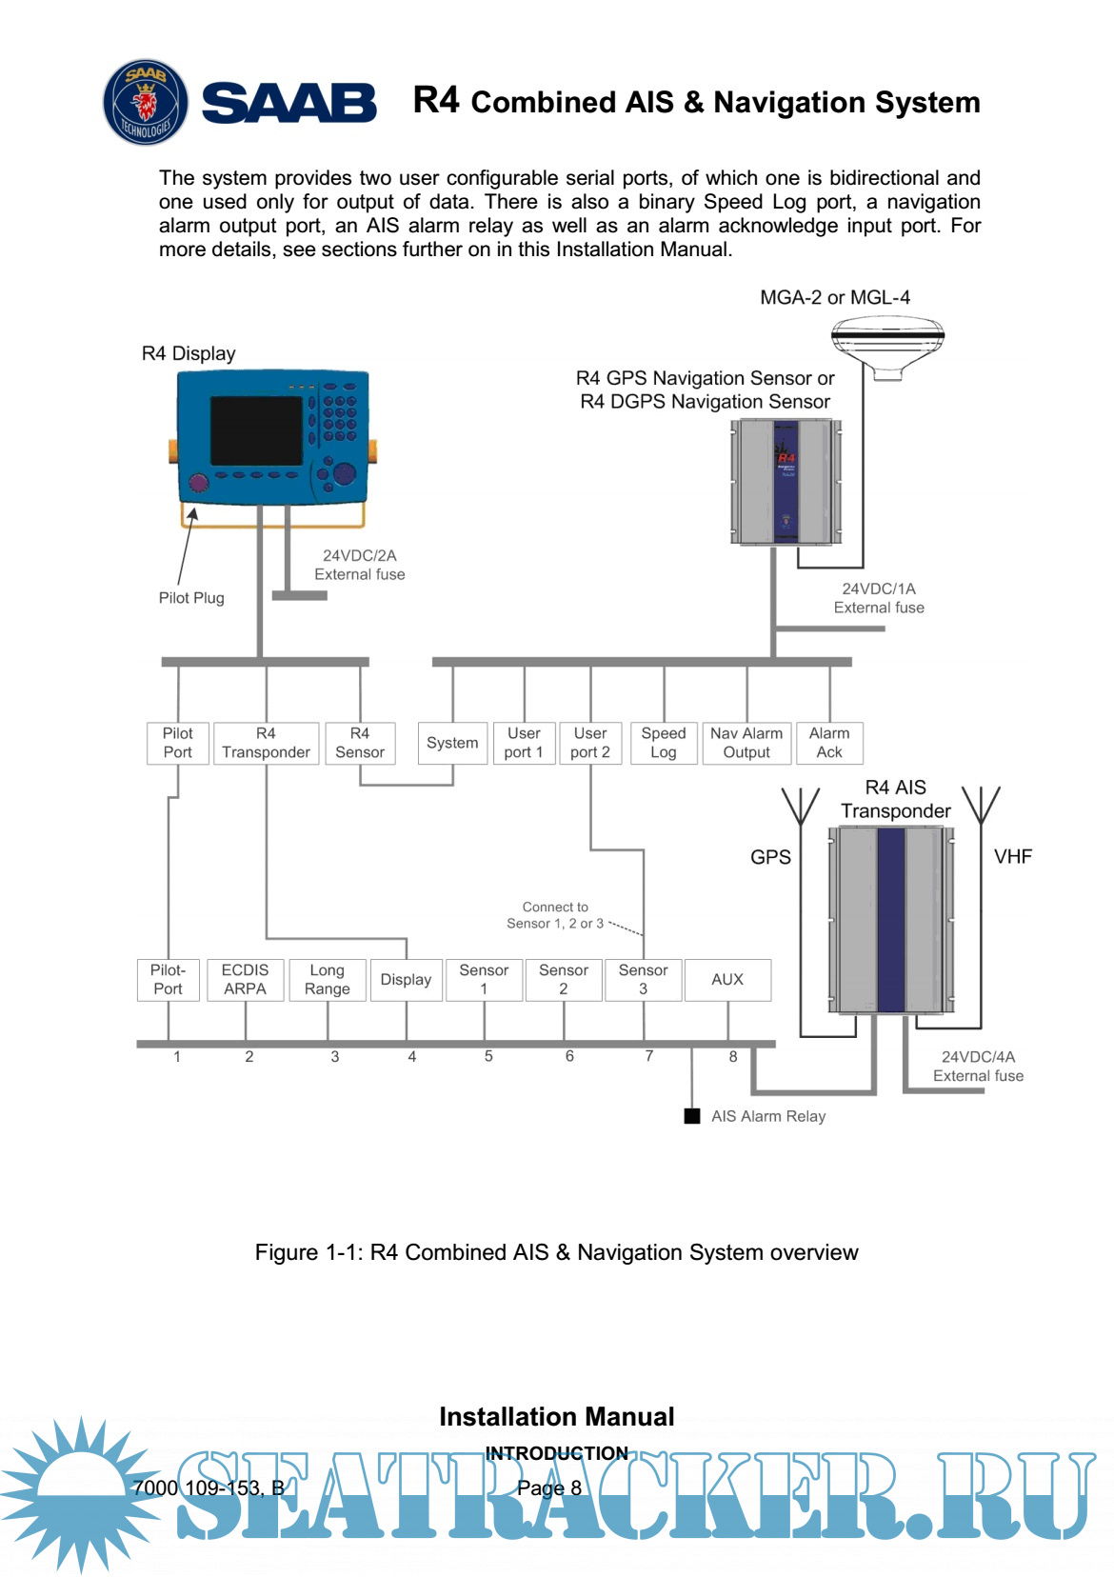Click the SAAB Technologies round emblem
[x=145, y=102]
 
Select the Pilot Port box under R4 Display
[x=177, y=743]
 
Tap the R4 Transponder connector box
[x=266, y=743]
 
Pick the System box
[x=452, y=743]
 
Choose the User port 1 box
[x=524, y=743]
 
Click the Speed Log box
[x=664, y=743]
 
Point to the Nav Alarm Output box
[x=746, y=743]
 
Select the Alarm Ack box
[x=829, y=743]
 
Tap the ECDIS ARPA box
[x=245, y=980]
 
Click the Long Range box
[x=327, y=980]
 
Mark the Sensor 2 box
[x=564, y=980]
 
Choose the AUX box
[x=727, y=980]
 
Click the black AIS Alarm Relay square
[x=692, y=1116]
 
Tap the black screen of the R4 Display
[x=256, y=430]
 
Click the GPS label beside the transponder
[x=770, y=857]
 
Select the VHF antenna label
[x=1013, y=857]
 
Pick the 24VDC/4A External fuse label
[x=978, y=1067]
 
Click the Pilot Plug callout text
[x=191, y=598]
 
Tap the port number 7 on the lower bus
[x=649, y=1056]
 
